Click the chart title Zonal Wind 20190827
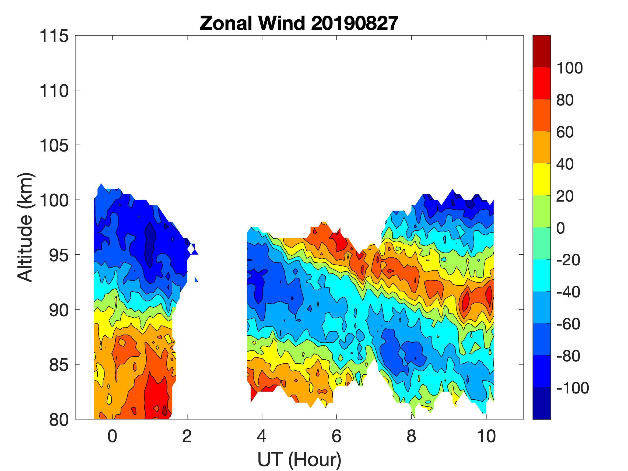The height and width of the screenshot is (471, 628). point(299,23)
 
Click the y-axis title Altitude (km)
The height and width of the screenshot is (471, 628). point(26,227)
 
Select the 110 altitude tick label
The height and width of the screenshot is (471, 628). point(54,91)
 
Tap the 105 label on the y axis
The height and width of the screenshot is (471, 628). point(54,146)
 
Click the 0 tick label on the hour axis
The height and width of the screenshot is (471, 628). point(113,436)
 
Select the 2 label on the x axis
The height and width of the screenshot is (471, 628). point(187,436)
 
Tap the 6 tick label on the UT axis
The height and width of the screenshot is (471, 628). point(336,436)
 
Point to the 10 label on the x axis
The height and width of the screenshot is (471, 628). point(486,436)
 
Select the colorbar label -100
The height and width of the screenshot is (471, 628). point(572,388)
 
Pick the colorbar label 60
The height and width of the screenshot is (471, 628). point(565,132)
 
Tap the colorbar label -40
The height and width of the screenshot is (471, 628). point(568,292)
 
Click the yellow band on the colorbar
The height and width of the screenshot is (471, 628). point(541,179)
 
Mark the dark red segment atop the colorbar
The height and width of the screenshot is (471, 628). point(541,51)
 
